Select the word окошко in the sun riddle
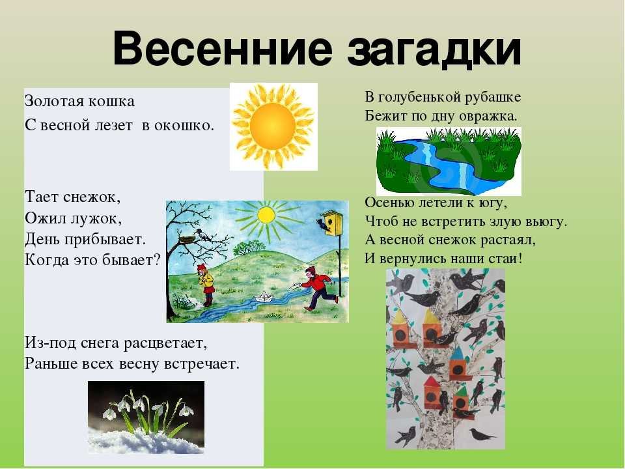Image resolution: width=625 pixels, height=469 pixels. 184,126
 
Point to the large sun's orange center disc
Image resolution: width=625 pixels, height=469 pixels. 273,126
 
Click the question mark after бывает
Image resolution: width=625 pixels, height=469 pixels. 157,260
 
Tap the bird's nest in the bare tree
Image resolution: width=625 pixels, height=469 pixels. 186,239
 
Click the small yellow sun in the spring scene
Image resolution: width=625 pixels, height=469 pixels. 266,216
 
